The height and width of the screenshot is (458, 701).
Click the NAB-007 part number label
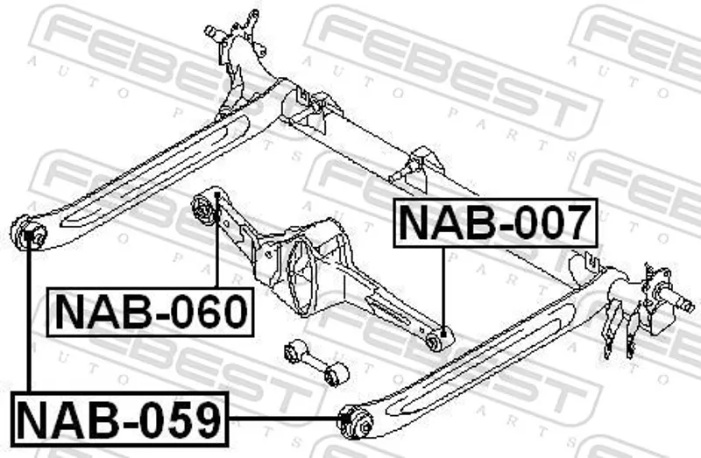pyautogui.click(x=496, y=223)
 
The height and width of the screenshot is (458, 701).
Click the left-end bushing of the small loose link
pyautogui.click(x=294, y=353)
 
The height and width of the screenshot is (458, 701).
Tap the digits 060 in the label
pyautogui.click(x=207, y=312)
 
